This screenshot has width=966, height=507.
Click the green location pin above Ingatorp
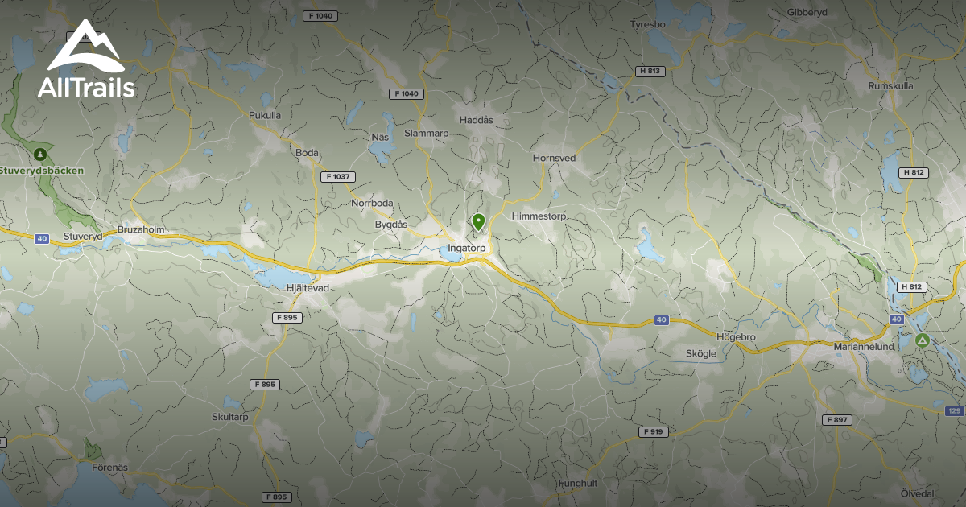point(478,221)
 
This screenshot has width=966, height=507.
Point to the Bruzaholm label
point(141,229)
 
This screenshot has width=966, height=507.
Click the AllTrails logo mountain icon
point(85,49)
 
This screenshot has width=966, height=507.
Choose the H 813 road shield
point(650,71)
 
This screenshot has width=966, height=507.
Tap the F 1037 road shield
point(338,176)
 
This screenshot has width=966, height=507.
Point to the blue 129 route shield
point(955,411)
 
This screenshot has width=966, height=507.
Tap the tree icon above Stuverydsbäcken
point(38,153)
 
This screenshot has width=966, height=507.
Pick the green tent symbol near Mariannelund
point(923,340)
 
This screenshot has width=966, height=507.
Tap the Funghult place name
point(579,483)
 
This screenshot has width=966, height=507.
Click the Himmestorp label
point(539,216)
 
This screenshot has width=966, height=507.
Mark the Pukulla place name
point(265,115)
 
